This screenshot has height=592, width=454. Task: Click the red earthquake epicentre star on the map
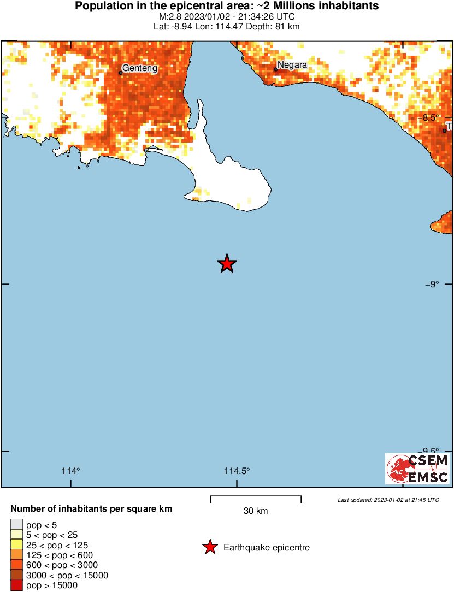[227, 264]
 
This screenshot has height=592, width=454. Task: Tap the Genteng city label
[140, 68]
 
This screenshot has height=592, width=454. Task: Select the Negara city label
[292, 65]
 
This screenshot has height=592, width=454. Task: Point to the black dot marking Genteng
[120, 73]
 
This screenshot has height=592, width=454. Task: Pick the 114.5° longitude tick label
[237, 471]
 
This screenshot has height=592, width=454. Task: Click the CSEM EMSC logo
[418, 469]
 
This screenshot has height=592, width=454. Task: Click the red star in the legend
[209, 547]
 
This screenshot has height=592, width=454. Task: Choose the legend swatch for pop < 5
[16, 525]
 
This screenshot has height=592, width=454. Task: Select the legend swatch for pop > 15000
[16, 585]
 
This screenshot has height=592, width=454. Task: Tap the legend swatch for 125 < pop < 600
[16, 555]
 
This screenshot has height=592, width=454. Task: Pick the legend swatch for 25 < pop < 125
[16, 545]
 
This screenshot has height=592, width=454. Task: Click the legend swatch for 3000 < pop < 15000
[16, 575]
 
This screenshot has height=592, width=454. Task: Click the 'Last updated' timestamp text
[388, 500]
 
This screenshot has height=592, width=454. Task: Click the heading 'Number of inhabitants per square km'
[91, 509]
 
